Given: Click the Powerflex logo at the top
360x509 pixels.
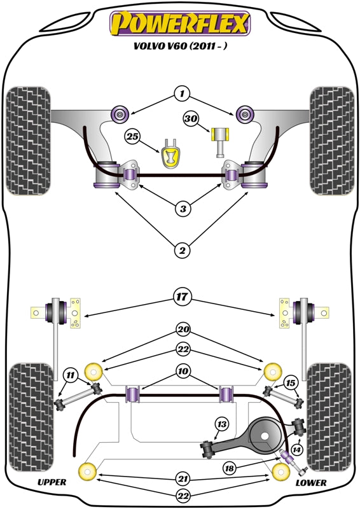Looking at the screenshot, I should point(181,24).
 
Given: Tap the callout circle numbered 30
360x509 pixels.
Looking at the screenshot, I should point(191,118).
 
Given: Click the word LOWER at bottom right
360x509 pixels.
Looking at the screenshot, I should point(312,483).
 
